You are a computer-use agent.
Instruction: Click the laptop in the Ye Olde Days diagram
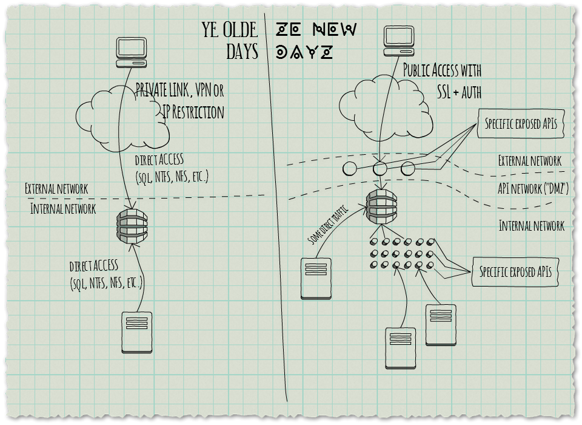coord(132,52)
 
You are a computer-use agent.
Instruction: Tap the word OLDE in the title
coord(239,30)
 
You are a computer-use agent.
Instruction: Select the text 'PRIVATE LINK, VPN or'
coord(179,91)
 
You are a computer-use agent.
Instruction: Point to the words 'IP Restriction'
coord(193,112)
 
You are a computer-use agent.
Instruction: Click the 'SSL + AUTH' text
coord(459,92)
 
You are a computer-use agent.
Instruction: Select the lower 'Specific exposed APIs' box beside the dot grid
coord(515,271)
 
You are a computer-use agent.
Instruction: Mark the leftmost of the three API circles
coord(349,169)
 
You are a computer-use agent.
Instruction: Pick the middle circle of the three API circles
coord(380,168)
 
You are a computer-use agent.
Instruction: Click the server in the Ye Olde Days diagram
coord(137,332)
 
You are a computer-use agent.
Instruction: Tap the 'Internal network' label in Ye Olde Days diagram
coord(63,209)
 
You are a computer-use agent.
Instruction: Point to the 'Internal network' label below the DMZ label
coord(531,226)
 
